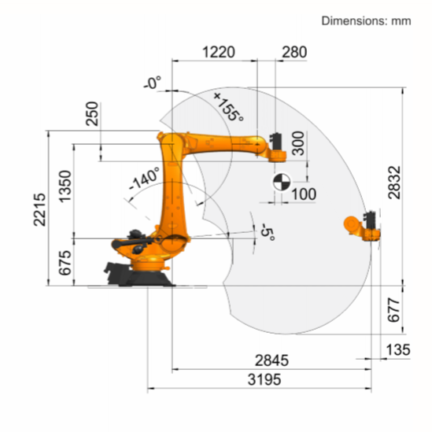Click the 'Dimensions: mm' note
point(366,20)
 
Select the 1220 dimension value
point(218,53)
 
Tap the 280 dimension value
point(294,53)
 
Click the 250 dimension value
point(93,114)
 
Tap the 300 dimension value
point(297,144)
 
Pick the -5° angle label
point(266,232)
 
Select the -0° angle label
point(152,82)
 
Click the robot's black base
point(134,271)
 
